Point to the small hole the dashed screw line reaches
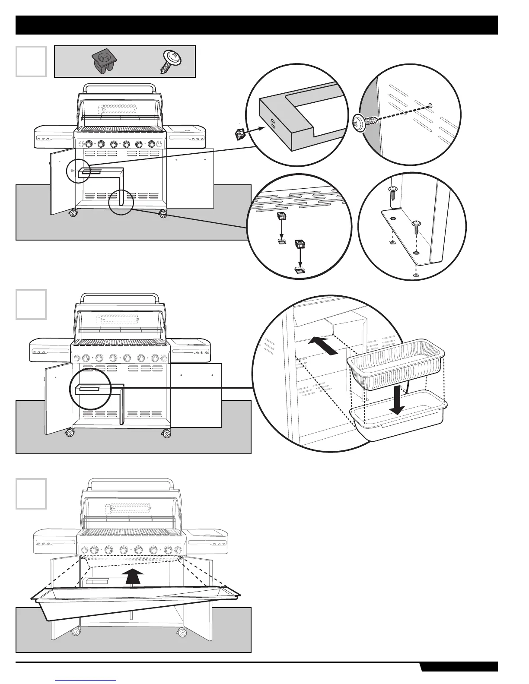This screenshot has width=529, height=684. pyautogui.click(x=430, y=105)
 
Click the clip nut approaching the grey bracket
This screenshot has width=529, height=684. pyautogui.click(x=240, y=135)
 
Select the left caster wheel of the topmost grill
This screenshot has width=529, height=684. pyautogui.click(x=72, y=212)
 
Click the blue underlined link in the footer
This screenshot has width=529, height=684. pyautogui.click(x=86, y=681)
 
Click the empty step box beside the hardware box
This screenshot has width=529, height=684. pyautogui.click(x=31, y=61)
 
